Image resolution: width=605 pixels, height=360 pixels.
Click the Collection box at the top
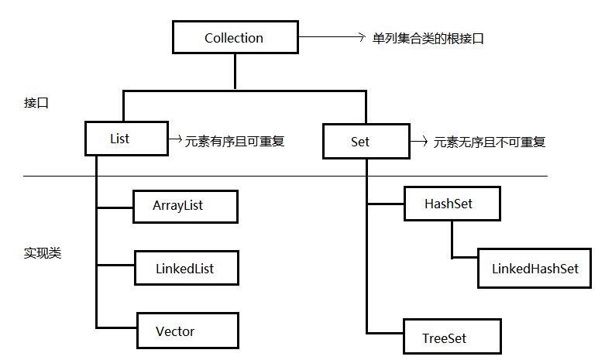[234, 38]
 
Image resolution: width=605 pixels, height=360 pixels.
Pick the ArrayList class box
[184, 207]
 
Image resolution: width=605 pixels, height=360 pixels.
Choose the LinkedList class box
[185, 269]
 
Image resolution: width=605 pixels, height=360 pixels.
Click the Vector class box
[186, 331]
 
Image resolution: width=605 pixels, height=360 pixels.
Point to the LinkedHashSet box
[535, 269]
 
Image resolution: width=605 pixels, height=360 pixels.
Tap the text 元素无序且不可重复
[489, 142]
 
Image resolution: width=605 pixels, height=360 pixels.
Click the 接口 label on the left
[36, 102]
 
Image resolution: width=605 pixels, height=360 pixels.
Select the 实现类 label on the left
[43, 253]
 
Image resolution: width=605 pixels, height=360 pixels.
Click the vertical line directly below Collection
[234, 73]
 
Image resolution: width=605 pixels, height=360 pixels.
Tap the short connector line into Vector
[116, 328]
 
